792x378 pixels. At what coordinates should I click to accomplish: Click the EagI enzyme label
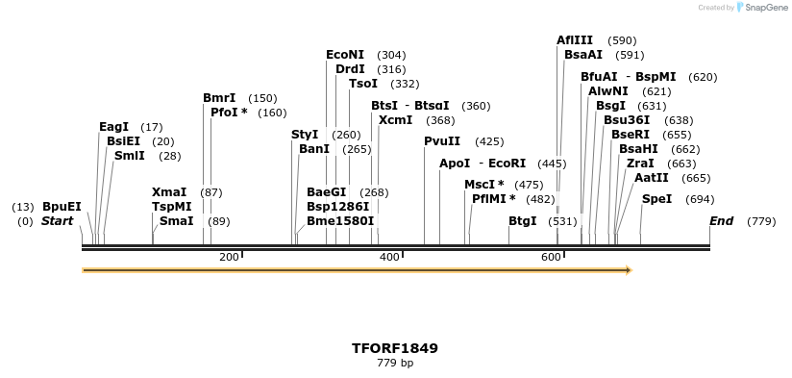pyautogui.click(x=113, y=127)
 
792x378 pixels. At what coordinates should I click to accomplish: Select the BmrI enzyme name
pyautogui.click(x=219, y=98)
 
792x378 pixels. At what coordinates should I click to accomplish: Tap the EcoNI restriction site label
pyautogui.click(x=345, y=55)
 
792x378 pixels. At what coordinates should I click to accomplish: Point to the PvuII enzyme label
pyautogui.click(x=442, y=141)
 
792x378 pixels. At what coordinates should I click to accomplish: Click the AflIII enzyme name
pyautogui.click(x=575, y=40)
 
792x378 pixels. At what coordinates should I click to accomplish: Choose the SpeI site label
pyautogui.click(x=657, y=199)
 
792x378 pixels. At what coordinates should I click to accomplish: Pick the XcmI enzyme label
pyautogui.click(x=395, y=120)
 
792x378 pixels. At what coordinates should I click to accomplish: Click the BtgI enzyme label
pyautogui.click(x=523, y=221)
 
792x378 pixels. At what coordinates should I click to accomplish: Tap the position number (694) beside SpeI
pyautogui.click(x=700, y=199)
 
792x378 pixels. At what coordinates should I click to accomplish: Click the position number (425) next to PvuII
pyautogui.click(x=489, y=141)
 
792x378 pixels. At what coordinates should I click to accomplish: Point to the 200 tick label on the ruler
pyautogui.click(x=229, y=257)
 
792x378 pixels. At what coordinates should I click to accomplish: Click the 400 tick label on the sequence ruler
pyautogui.click(x=389, y=257)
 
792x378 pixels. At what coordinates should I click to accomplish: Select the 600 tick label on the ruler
pyautogui.click(x=551, y=257)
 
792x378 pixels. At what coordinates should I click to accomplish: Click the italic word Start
pyautogui.click(x=58, y=221)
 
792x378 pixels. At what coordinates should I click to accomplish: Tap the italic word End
pyautogui.click(x=721, y=221)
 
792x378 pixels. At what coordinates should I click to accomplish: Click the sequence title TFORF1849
pyautogui.click(x=395, y=347)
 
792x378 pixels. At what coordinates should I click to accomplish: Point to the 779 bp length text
pyautogui.click(x=395, y=363)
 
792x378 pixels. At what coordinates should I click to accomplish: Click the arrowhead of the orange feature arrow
pyautogui.click(x=629, y=270)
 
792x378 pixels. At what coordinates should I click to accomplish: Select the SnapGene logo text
pyautogui.click(x=764, y=8)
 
